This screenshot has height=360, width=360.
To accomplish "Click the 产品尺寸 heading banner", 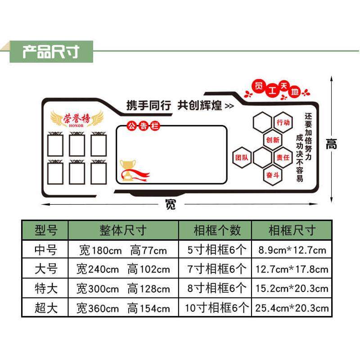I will coord(51,52).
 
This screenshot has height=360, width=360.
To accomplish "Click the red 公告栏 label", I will coord(143,126).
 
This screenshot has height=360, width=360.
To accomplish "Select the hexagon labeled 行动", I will coord(283,122).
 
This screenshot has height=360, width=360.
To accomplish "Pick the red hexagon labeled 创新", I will coord(273,139).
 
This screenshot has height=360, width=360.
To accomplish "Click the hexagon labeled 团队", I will coord(242,157).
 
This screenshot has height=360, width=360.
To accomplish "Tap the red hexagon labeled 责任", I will coord(283,157).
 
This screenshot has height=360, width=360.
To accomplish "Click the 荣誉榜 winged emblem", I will coord(76,118).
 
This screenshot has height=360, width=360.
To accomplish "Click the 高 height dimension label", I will coord(332,144).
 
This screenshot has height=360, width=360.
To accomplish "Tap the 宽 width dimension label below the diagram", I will coord(171,205).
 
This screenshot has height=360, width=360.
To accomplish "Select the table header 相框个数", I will coord(217,230).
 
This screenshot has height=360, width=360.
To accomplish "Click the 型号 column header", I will coord(46,230).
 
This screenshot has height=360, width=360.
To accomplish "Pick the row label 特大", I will coord(46,288).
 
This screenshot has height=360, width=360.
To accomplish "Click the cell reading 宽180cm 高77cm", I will coord(123,250).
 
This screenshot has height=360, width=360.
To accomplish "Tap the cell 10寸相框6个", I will coord(217,308).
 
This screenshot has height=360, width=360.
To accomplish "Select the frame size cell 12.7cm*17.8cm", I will coord(292,270).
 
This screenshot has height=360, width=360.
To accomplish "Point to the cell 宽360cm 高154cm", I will coord(123,308).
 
